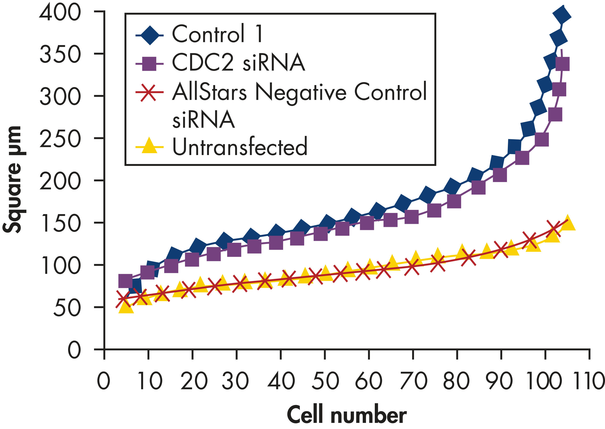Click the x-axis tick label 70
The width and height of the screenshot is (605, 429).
(x=414, y=381)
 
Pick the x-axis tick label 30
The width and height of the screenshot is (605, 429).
(x=235, y=381)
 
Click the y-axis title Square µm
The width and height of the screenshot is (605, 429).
(x=12, y=180)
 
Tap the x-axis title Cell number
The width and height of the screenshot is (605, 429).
(x=346, y=415)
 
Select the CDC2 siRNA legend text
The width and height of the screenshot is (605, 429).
(x=238, y=62)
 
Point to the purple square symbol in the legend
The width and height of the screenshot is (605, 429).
(x=149, y=64)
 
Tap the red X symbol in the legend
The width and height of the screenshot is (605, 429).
(x=148, y=92)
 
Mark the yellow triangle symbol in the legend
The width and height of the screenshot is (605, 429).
(x=149, y=146)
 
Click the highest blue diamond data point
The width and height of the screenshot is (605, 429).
(x=562, y=16)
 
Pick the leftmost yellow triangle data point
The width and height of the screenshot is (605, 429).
(x=126, y=307)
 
